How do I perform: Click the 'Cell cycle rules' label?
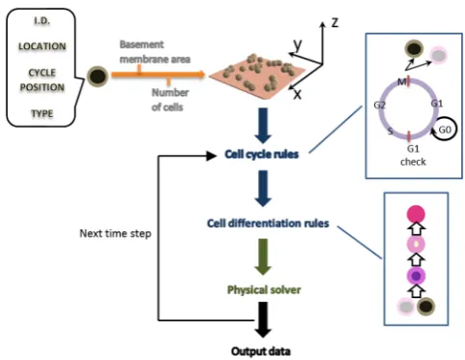coord(262,155)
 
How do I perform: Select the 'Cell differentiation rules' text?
coord(268,224)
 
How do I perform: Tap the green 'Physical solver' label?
coord(264,289)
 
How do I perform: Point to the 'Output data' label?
coord(261,351)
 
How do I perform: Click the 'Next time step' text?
coord(115,233)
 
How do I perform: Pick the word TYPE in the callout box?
coord(42,113)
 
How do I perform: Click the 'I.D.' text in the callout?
coord(42,21)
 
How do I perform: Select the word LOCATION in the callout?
coord(42,46)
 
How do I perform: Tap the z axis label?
coord(334,23)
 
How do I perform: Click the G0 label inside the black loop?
coord(445,130)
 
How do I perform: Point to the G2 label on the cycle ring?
coord(380,105)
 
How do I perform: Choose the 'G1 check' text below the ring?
coord(413,155)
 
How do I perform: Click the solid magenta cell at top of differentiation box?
coord(416,215)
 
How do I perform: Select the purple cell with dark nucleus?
coord(416,276)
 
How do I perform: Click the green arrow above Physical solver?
coord(263,256)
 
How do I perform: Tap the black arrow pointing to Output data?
coord(263,319)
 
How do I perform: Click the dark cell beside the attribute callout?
coord(98,76)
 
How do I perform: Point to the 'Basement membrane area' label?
coord(155,51)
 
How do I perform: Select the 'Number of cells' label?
coord(170,100)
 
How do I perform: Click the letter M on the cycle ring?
coord(402,82)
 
